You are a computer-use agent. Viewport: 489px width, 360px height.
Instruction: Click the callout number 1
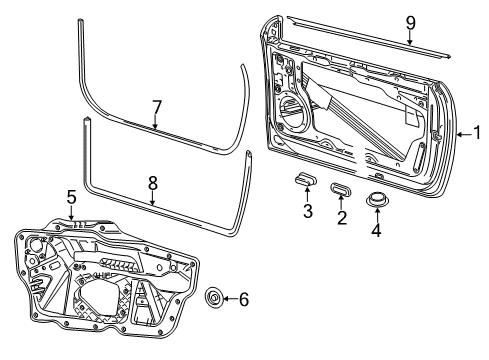[477, 132]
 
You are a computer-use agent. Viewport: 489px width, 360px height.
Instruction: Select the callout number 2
[342, 217]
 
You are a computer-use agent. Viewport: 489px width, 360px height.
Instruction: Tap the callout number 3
[308, 211]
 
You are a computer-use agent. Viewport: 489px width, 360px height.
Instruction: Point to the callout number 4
[376, 230]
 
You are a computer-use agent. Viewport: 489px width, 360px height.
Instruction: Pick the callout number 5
[71, 197]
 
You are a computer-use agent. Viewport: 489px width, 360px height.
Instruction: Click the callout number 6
[244, 299]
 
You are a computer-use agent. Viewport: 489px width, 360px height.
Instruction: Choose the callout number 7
[156, 107]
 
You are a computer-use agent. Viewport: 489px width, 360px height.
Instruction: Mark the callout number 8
[152, 183]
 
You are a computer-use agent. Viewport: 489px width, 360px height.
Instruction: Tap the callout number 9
[410, 23]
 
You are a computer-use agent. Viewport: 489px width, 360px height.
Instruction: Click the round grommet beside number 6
[213, 297]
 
